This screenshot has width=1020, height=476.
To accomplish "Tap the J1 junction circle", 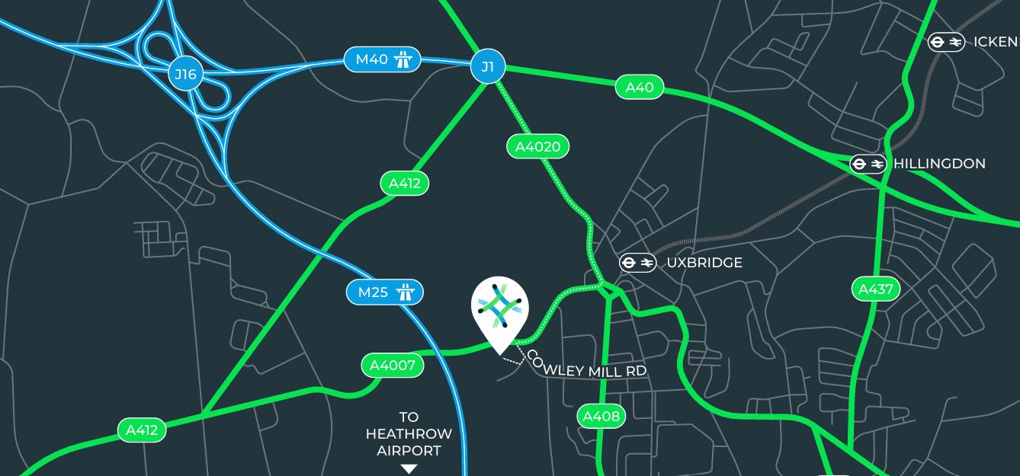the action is (x=488, y=67).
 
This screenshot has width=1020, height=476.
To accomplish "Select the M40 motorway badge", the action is (x=382, y=59).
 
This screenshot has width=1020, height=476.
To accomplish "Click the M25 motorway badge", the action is (x=384, y=292).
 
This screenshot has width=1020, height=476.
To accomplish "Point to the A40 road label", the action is (x=640, y=88).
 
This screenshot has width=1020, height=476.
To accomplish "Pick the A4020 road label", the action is (x=537, y=146).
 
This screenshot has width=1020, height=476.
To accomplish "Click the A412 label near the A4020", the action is (x=404, y=183).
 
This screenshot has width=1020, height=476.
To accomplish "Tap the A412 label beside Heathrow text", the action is (x=142, y=430).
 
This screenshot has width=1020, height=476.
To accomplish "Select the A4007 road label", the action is (x=392, y=366).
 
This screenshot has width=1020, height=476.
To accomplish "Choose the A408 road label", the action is (x=601, y=416).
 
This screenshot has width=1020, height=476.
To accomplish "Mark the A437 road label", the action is (x=875, y=289).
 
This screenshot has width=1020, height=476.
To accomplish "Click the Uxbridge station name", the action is (x=704, y=263).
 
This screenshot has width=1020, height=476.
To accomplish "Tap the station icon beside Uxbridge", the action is (x=637, y=263).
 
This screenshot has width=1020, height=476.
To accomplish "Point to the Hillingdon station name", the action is (x=939, y=164).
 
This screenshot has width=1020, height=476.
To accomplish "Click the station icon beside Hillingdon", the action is (x=868, y=164).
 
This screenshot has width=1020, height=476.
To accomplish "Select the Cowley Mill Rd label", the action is (x=587, y=366).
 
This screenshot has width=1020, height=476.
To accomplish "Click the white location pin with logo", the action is (x=499, y=308).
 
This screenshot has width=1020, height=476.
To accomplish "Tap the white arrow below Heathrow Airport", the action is (x=409, y=469).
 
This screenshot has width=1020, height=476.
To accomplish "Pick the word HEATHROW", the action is (x=409, y=434).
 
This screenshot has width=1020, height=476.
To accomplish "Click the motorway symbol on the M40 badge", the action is (x=403, y=59).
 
